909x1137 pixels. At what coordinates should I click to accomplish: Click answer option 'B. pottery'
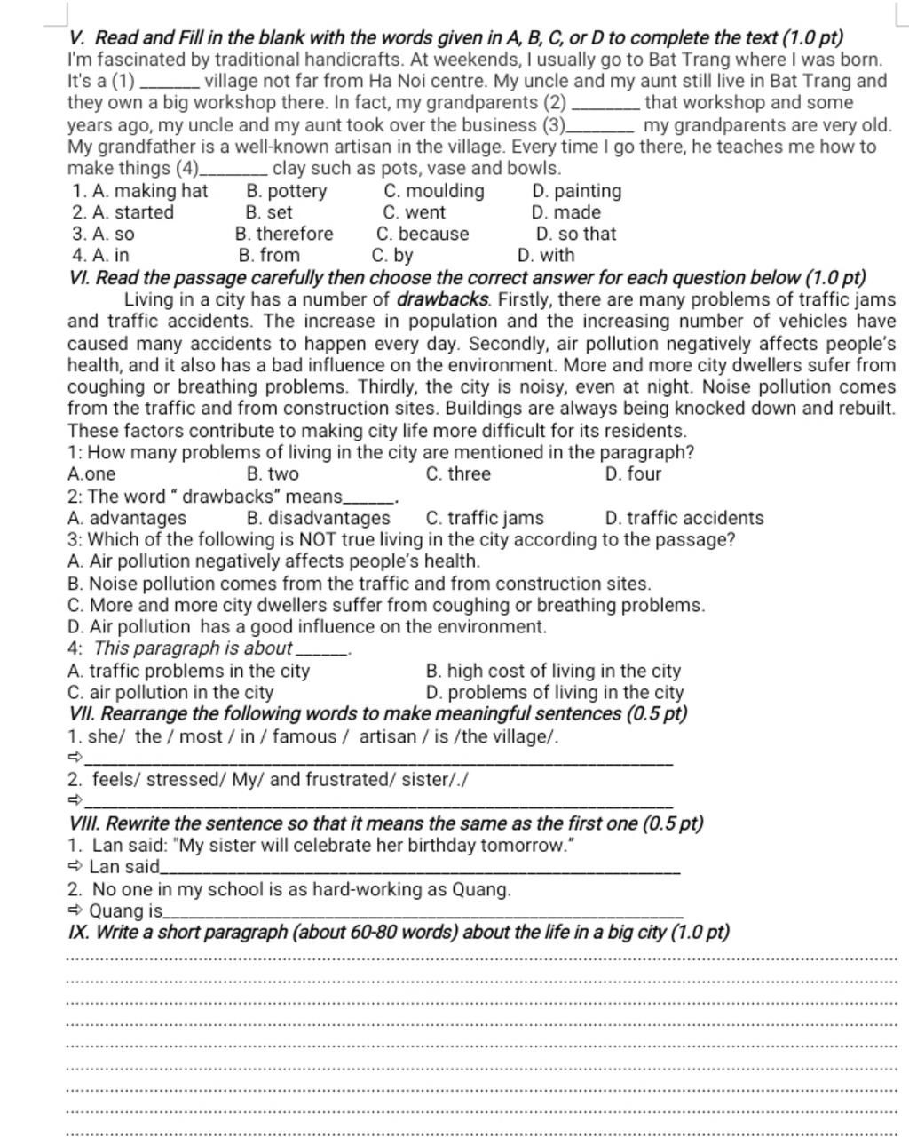(286, 191)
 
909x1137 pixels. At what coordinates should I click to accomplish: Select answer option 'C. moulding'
(434, 191)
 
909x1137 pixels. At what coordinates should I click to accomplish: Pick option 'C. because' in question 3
(423, 234)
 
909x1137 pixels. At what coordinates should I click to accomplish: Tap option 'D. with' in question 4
(546, 256)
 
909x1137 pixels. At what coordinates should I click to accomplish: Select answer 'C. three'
(458, 473)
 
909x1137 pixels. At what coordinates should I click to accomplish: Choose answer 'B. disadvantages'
(319, 518)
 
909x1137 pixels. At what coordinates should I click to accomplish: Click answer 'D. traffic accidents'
(684, 518)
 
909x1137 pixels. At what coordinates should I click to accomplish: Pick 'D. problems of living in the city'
(555, 693)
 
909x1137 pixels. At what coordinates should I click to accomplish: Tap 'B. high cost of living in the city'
(553, 672)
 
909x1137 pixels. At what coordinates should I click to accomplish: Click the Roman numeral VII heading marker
(81, 714)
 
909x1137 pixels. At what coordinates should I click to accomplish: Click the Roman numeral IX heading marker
(79, 933)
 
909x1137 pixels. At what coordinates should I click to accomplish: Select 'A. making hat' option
(140, 191)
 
